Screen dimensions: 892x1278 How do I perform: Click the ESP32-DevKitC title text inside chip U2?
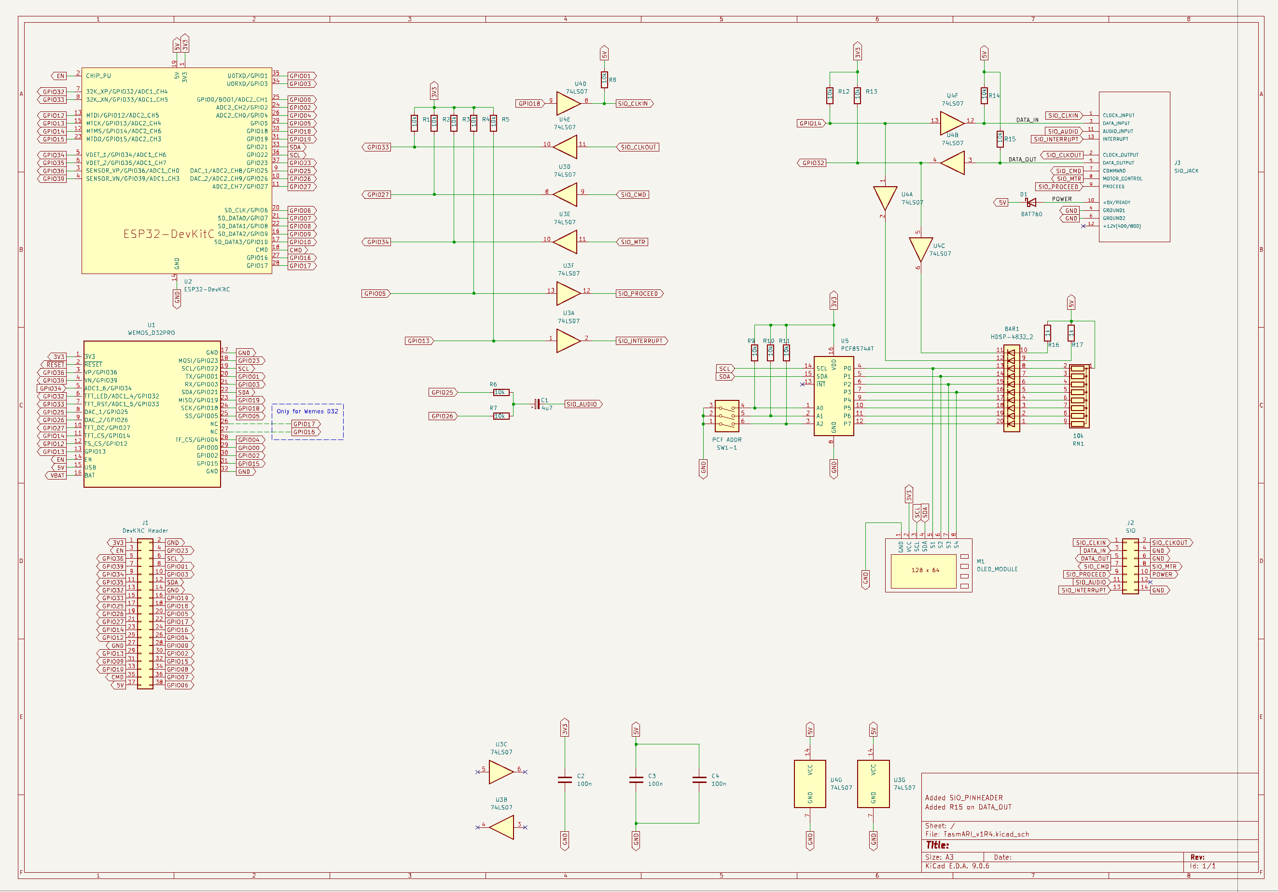coord(168,233)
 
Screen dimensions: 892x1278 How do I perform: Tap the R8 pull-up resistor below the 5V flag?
coord(604,80)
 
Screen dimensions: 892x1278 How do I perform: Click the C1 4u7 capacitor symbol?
coord(537,404)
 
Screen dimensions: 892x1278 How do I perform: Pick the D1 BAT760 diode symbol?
coord(1031,203)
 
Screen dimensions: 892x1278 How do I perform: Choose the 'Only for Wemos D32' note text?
coord(307,411)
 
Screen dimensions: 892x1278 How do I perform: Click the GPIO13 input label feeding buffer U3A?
coord(419,341)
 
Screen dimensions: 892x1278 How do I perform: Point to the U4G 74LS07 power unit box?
coord(809,783)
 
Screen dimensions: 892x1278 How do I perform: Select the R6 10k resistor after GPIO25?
coord(500,392)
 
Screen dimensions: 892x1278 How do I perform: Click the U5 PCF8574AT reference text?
coord(857,345)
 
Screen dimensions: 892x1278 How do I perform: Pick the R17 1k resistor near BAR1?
coord(1070,333)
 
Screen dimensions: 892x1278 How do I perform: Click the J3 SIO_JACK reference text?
coord(1186,167)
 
